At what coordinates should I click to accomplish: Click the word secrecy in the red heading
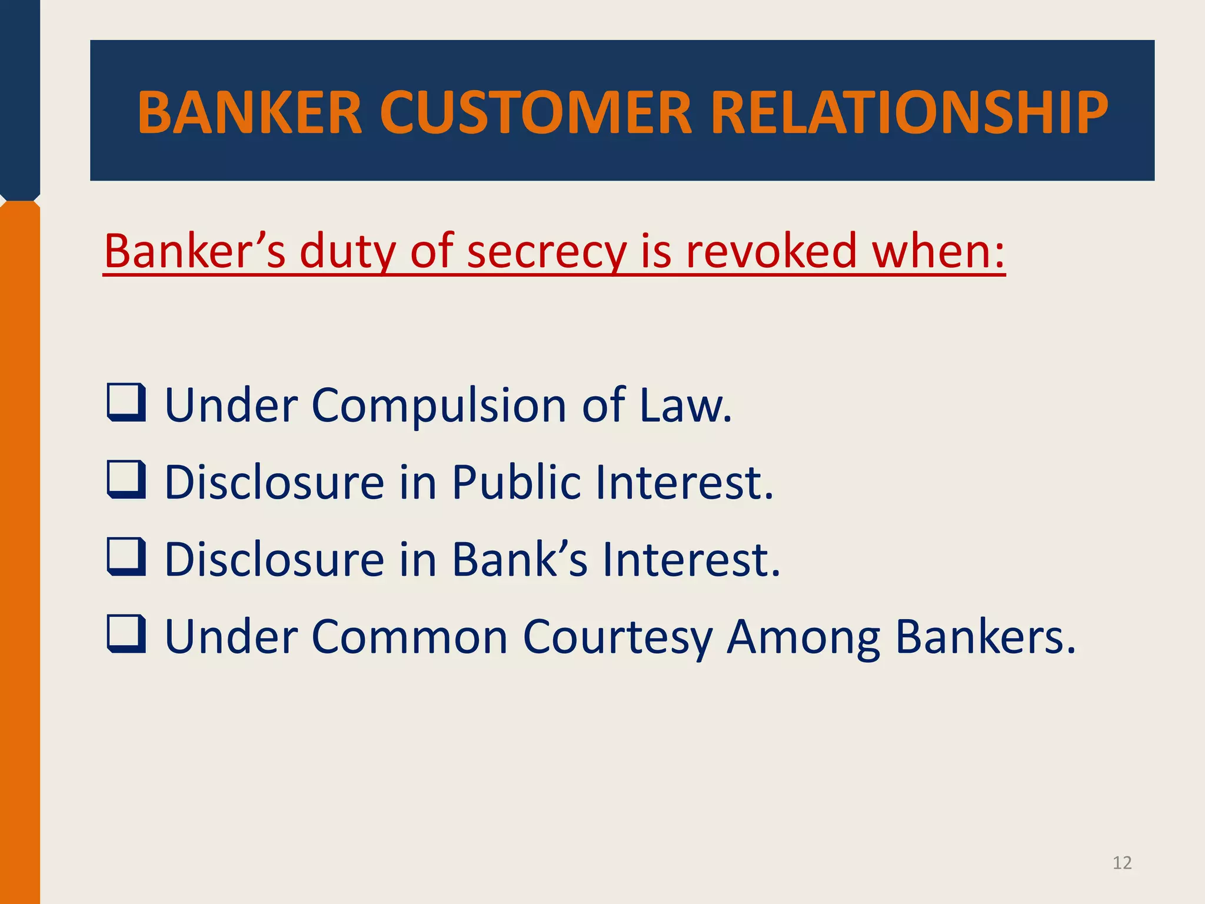point(547,252)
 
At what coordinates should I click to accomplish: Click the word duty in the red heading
point(347,252)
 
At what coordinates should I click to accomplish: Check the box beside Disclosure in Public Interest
point(126,480)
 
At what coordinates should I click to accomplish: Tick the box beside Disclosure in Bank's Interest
point(126,557)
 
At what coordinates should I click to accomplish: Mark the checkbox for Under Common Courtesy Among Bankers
point(126,634)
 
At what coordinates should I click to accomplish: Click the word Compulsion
point(438,406)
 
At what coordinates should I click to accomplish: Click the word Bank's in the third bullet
point(520,559)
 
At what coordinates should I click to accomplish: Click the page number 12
point(1122,863)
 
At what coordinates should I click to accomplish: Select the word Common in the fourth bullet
point(410,636)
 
